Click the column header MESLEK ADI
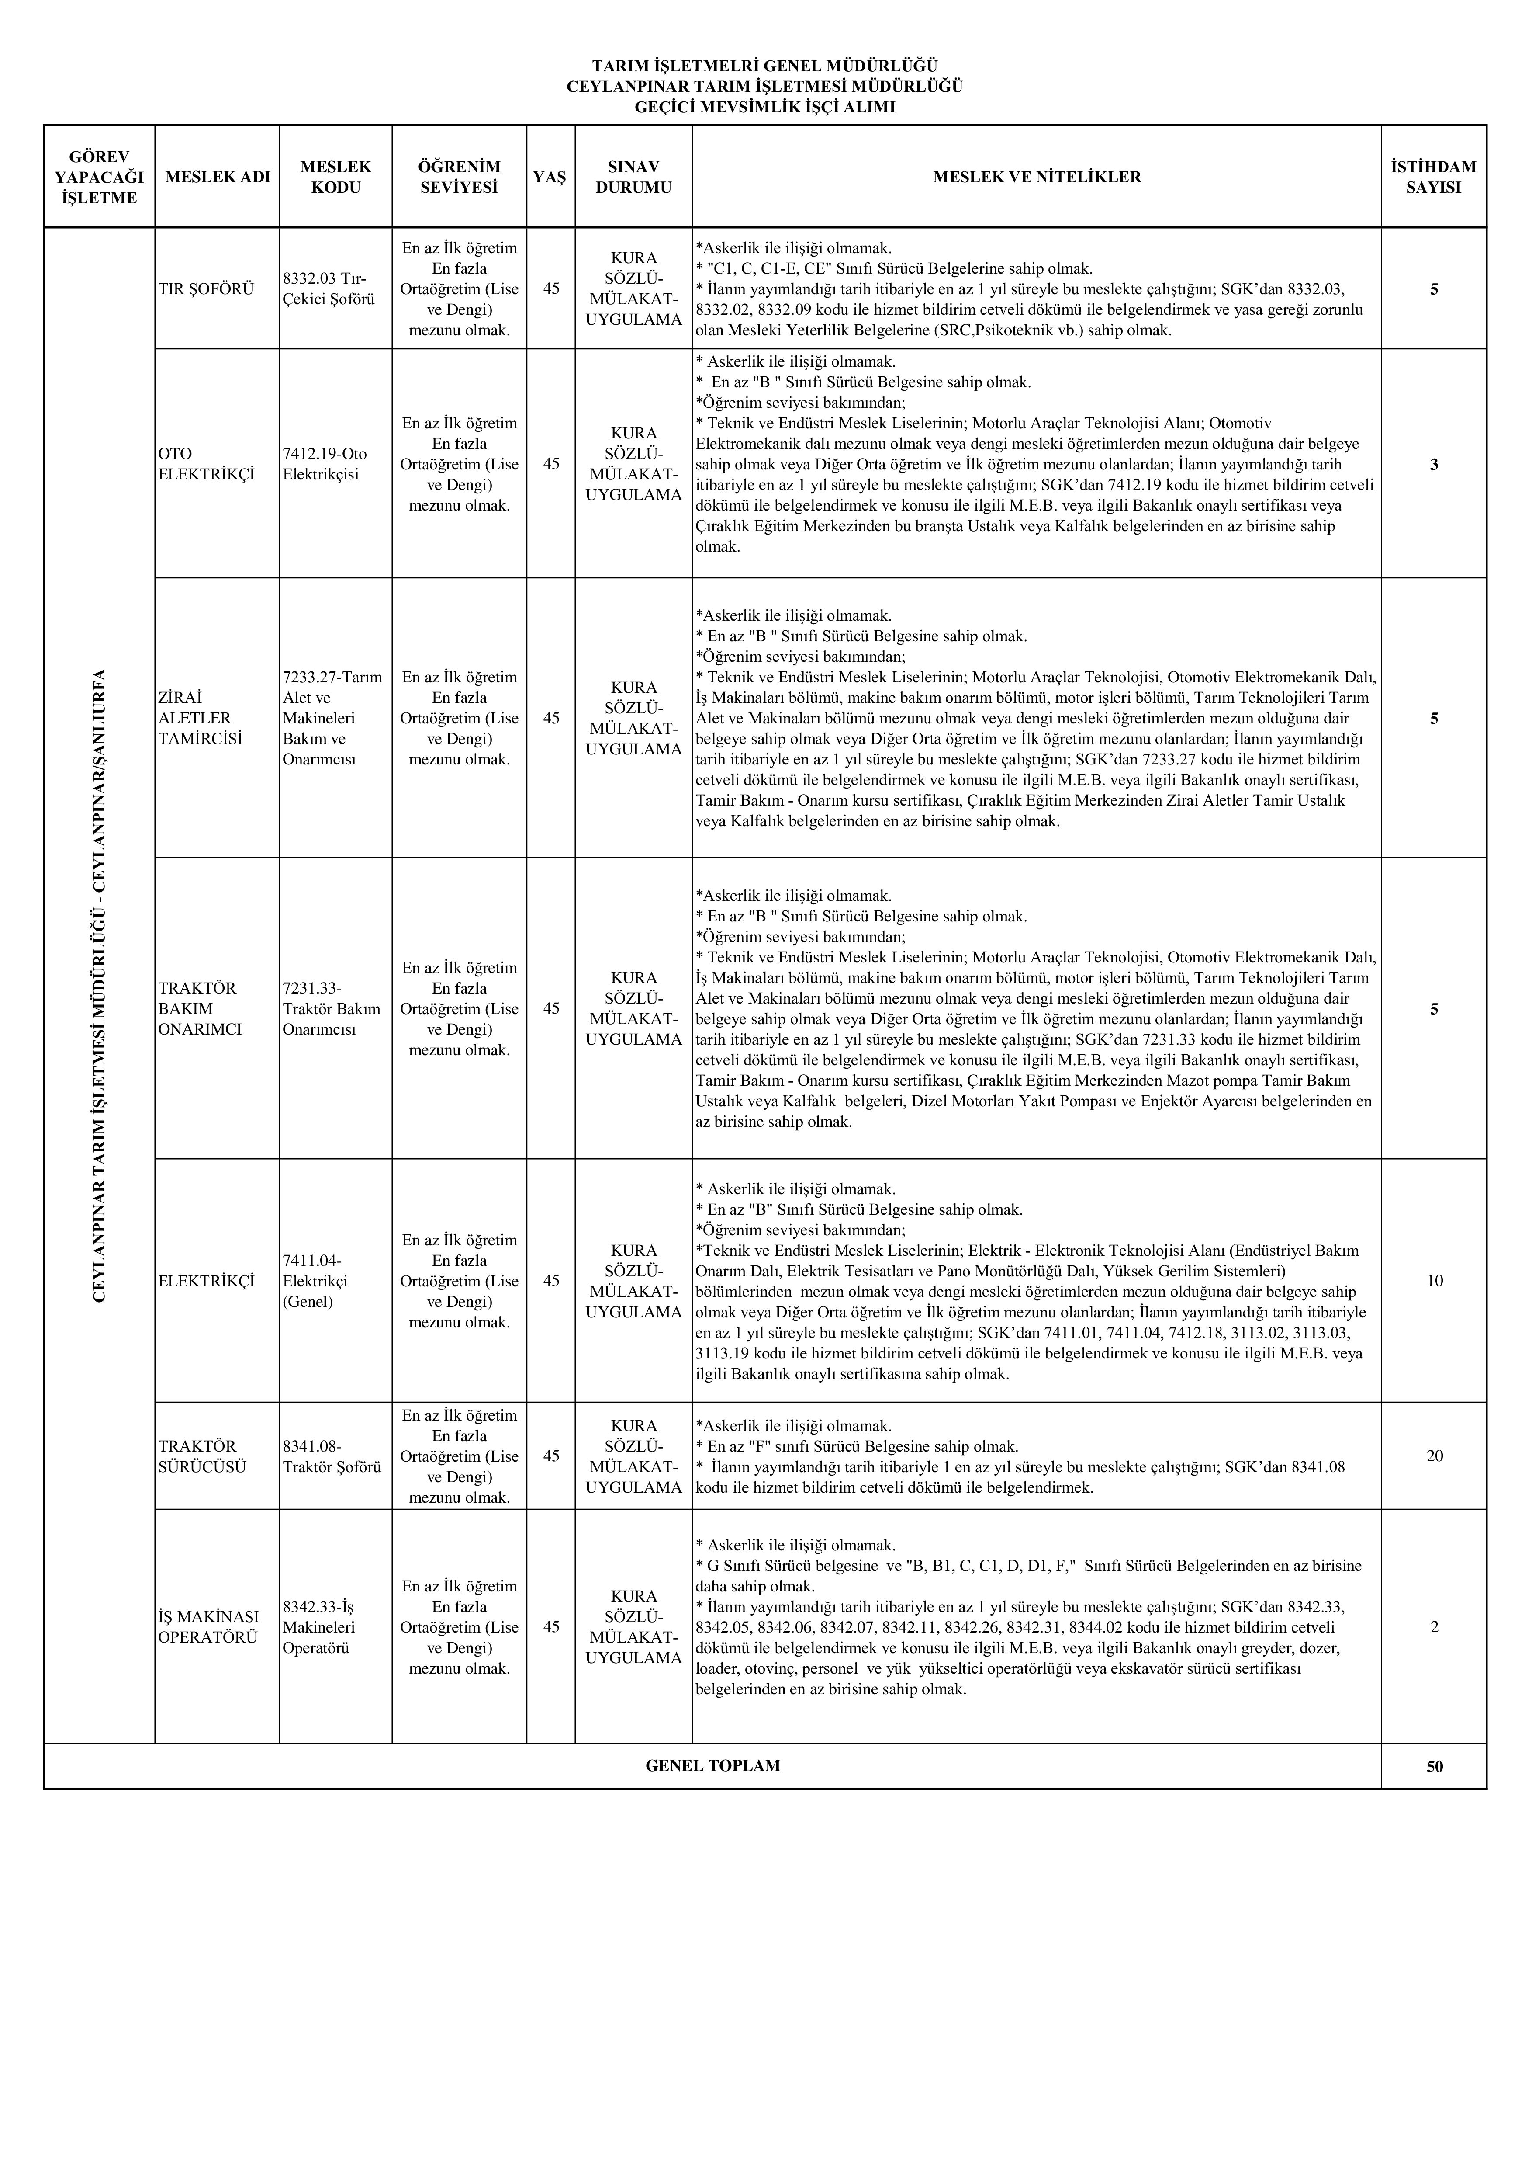217,177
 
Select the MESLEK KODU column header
336,177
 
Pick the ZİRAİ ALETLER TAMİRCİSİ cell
200,718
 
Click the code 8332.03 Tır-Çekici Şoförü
329,289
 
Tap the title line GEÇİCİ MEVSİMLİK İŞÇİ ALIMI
764,107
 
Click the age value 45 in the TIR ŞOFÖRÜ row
550,289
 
